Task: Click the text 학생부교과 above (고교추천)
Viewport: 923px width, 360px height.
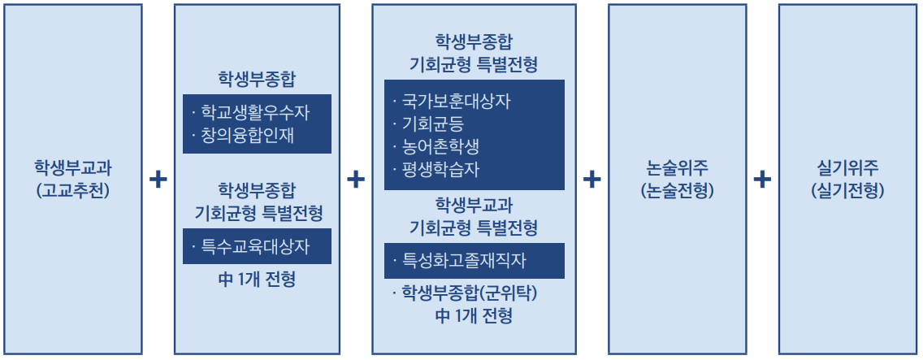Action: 72,169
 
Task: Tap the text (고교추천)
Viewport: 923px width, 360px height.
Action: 72,192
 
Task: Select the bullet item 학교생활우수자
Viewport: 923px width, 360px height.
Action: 255,112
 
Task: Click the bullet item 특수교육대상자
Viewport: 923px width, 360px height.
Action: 255,245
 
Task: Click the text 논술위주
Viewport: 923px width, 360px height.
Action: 677,169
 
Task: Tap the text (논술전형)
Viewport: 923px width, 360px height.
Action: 677,192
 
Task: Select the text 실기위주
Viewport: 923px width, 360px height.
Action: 847,169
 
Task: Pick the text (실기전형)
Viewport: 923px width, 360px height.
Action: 847,192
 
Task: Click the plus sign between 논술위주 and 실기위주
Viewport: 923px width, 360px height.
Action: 762,180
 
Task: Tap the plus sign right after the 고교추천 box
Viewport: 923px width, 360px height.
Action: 158,180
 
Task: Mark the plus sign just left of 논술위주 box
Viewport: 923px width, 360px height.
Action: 591,180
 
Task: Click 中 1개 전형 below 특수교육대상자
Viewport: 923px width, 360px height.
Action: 257,280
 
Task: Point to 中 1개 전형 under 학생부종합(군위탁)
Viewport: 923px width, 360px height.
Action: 474,316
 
